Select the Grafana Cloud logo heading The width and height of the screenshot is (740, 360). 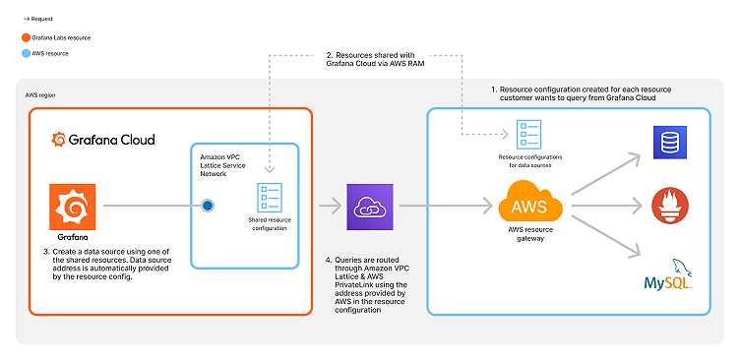pos(103,140)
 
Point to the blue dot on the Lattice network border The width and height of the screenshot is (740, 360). pos(208,207)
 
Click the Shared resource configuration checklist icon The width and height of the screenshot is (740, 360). pos(269,196)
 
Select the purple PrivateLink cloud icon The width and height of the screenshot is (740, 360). pos(365,206)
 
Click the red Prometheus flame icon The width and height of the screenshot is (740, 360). pos(669,206)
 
